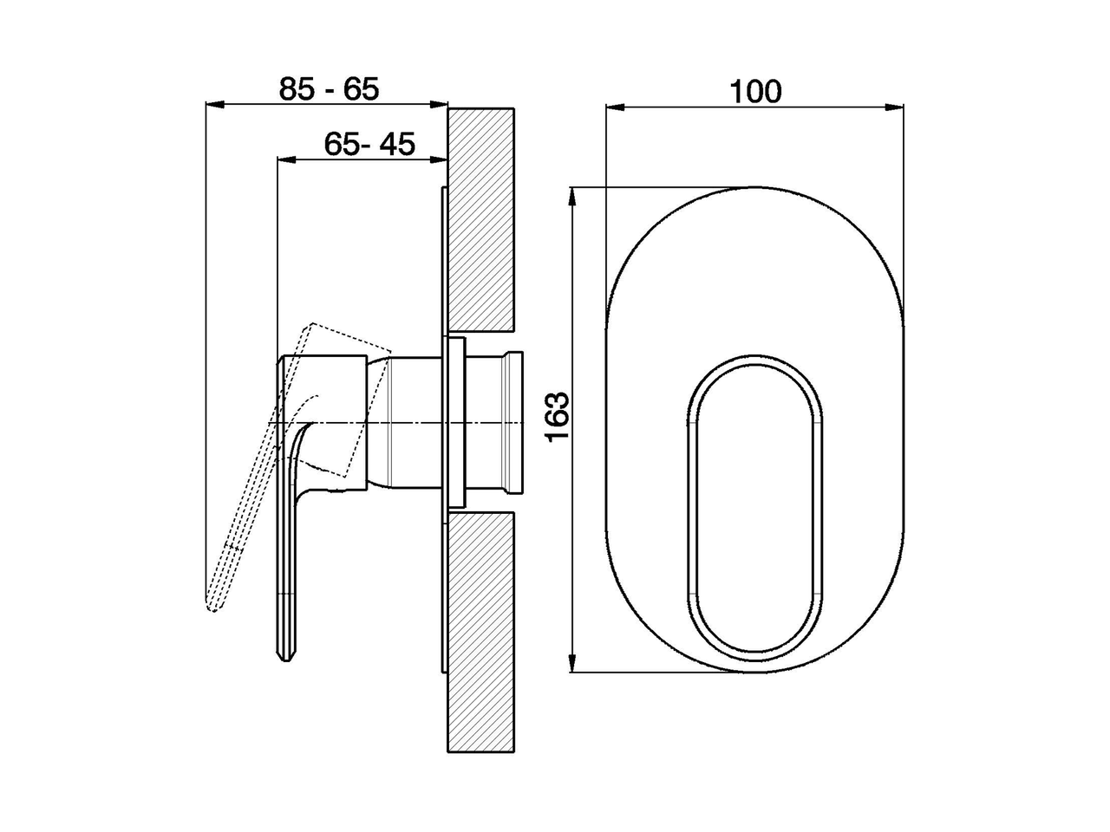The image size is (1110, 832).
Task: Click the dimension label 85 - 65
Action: click(329, 89)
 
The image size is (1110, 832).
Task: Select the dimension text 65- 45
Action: click(369, 144)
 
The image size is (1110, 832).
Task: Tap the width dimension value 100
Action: click(754, 92)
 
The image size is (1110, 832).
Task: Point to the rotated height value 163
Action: click(558, 415)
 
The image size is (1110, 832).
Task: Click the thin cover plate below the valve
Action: click(444, 589)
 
